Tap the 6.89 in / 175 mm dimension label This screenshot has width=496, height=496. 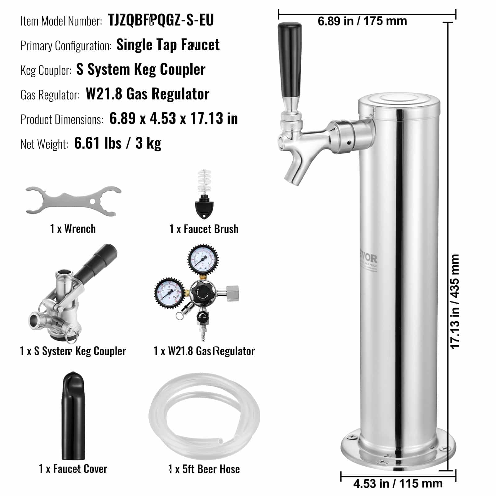(362, 21)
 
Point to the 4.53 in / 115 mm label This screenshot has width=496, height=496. (398, 483)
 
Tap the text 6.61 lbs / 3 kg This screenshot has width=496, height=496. (118, 143)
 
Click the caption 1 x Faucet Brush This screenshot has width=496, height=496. (204, 229)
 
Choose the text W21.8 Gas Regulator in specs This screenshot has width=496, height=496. (147, 94)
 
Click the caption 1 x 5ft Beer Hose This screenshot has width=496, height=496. (204, 469)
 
